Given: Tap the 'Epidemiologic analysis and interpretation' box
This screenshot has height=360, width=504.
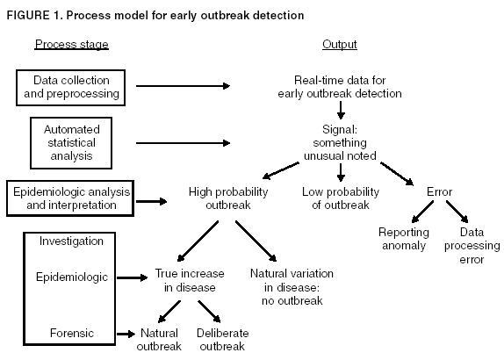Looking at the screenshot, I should click(x=67, y=198).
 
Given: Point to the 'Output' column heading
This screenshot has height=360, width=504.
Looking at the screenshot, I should click(x=339, y=44).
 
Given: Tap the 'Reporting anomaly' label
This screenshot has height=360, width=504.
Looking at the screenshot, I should click(x=404, y=239).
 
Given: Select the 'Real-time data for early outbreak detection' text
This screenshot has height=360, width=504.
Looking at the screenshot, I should click(x=339, y=86).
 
